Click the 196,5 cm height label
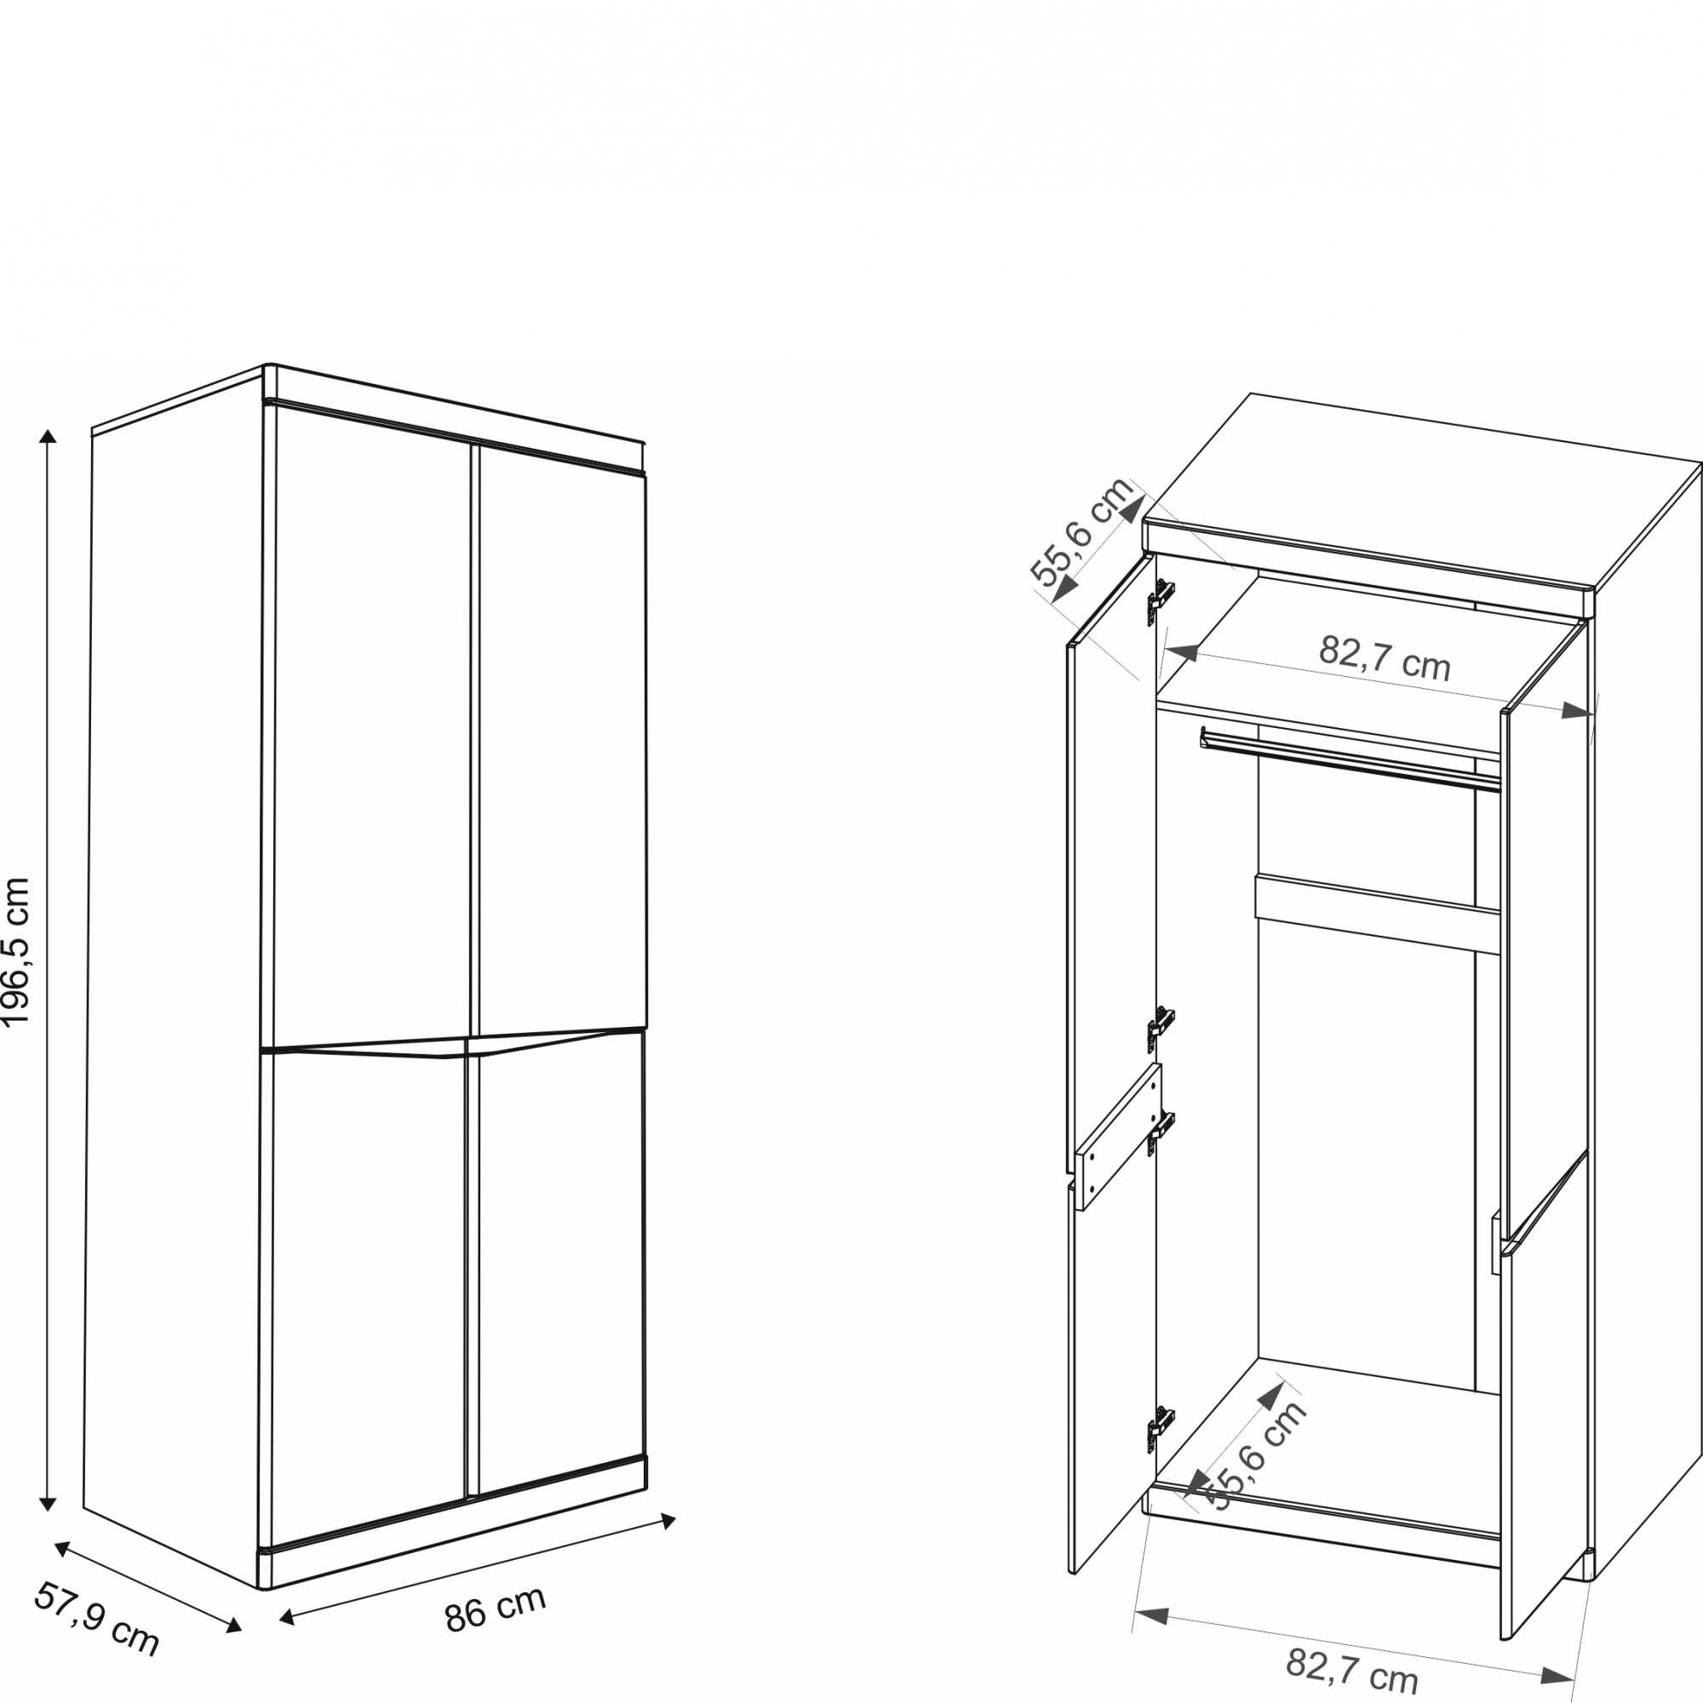pyautogui.click(x=17, y=952)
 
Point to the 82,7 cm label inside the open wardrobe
pyautogui.click(x=1384, y=657)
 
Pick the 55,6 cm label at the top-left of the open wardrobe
pyautogui.click(x=1082, y=532)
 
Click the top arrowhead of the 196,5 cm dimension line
pyautogui.click(x=49, y=435)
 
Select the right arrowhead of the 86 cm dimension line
pyautogui.click(x=668, y=1521)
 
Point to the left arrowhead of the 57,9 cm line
pyautogui.click(x=62, y=1549)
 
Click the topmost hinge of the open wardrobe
pyautogui.click(x=1161, y=601)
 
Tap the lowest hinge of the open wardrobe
pyautogui.click(x=1161, y=1428)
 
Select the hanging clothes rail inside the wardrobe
pyautogui.click(x=1350, y=759)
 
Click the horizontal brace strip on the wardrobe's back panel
pyautogui.click(x=1378, y=914)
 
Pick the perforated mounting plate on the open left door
pyautogui.click(x=1119, y=1136)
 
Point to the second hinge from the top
pyautogui.click(x=1161, y=1029)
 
